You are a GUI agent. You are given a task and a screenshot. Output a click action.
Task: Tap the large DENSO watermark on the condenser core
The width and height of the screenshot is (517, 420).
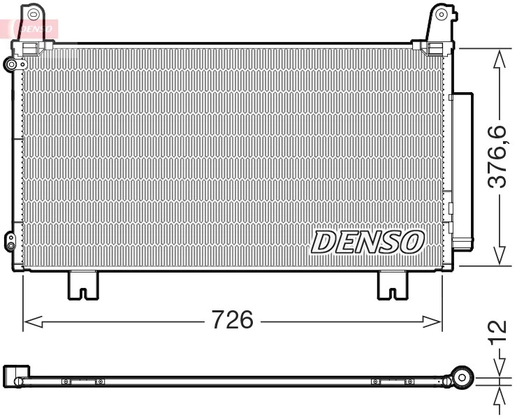[367, 242]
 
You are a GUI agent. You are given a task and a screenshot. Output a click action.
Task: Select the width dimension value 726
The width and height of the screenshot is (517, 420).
[232, 320]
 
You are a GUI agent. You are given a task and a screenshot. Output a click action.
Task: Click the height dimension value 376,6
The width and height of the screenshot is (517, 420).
[497, 157]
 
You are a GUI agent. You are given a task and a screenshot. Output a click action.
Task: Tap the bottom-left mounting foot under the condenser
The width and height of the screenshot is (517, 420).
[82, 285]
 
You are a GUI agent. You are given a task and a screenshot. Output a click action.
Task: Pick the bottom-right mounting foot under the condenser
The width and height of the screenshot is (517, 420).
[392, 285]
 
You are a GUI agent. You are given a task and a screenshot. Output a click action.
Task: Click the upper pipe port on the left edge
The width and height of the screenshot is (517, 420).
[11, 65]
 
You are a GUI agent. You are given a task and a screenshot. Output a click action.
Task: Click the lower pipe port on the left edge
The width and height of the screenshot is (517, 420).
[10, 241]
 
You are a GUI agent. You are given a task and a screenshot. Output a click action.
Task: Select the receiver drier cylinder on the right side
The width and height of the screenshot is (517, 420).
[461, 171]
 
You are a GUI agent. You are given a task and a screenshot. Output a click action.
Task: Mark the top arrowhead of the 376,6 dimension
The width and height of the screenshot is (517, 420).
[499, 59]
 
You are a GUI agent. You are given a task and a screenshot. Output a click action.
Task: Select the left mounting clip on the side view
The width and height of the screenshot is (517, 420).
[82, 382]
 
